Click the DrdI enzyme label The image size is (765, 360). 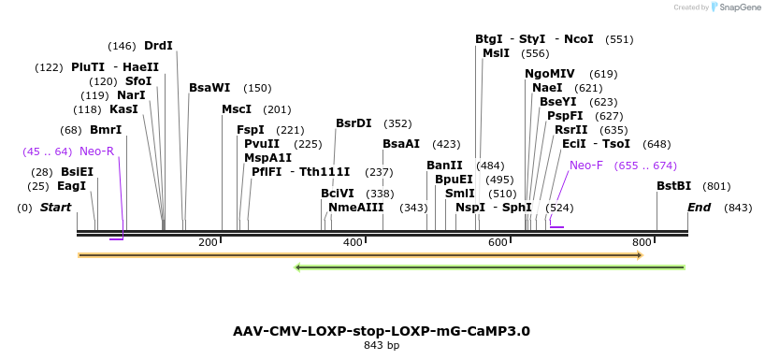click(158, 46)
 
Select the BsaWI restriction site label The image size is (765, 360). click(209, 88)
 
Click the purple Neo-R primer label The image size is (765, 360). click(96, 151)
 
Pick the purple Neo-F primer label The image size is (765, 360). click(586, 165)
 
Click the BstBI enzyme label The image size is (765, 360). click(673, 186)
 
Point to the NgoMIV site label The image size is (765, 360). click(550, 74)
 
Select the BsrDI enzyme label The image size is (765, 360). click(354, 123)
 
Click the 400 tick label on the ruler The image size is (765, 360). click(353, 243)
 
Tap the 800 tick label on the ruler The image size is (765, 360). click(642, 243)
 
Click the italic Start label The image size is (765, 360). click(55, 207)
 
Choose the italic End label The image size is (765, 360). click(699, 207)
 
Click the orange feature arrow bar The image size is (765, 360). click(360, 254)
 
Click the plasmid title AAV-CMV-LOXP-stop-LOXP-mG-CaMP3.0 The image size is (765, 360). click(382, 331)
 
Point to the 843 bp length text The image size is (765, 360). click(382, 346)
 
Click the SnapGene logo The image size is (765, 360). click(736, 7)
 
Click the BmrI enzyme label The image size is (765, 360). click(106, 130)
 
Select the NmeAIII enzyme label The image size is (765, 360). click(356, 207)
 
